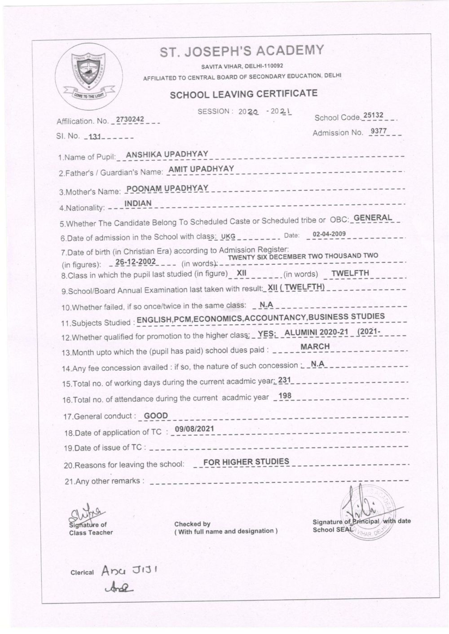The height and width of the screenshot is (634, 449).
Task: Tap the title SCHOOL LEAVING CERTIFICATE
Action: point(243,94)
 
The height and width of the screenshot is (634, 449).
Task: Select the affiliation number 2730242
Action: point(130,119)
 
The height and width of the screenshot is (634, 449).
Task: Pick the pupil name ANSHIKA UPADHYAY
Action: point(167,154)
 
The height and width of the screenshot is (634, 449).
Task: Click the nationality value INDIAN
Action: point(138,203)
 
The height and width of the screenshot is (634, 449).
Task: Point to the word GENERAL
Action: point(373,218)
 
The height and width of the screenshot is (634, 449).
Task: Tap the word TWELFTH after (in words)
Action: point(350,273)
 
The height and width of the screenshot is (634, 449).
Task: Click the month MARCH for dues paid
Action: point(315,346)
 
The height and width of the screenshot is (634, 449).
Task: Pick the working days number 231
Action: point(285,380)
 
